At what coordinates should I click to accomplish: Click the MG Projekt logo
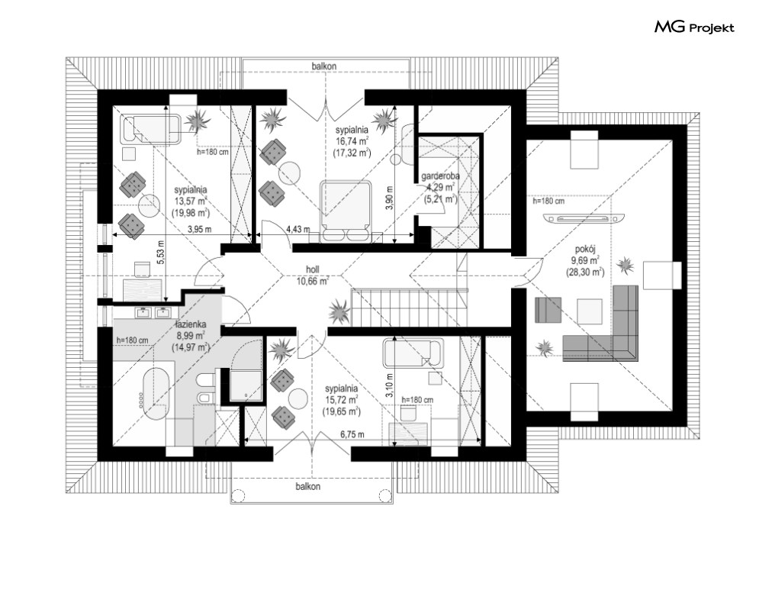tap(694, 27)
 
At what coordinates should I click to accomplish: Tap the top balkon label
tap(324, 66)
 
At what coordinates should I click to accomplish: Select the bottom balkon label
tap(308, 486)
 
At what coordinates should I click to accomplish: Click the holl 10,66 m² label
tap(313, 276)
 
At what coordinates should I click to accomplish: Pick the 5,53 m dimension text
tap(161, 252)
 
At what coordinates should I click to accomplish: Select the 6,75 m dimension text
tap(352, 434)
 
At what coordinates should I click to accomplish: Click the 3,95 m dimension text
tap(199, 230)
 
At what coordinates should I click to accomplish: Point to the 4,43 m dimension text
tap(297, 230)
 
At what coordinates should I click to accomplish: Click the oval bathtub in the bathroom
tap(155, 392)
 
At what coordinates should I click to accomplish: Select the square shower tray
tap(246, 386)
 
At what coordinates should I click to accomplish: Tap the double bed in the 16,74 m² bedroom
tap(346, 211)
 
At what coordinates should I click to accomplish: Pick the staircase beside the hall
tap(410, 308)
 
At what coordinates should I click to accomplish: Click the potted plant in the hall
tap(339, 312)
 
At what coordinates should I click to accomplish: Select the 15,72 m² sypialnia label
tap(341, 400)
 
